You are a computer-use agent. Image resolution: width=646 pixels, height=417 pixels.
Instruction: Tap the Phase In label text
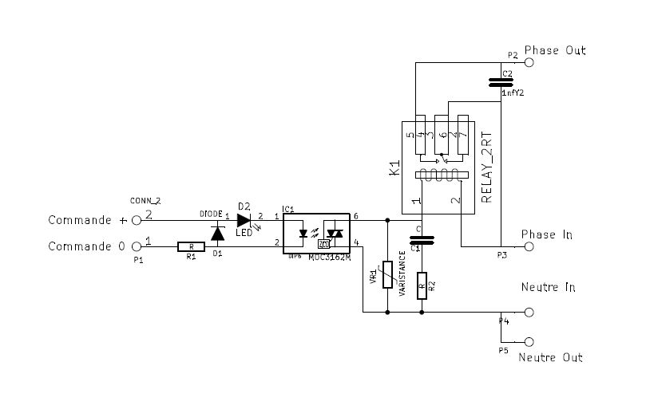coord(547,234)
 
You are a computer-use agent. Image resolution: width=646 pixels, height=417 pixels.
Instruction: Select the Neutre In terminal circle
coord(528,313)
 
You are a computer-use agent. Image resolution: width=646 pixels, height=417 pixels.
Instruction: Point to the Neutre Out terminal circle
coord(528,340)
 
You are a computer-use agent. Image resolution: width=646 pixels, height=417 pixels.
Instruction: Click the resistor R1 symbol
coord(190,247)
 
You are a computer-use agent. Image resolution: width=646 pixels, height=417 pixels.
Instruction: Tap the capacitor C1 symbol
coord(421,238)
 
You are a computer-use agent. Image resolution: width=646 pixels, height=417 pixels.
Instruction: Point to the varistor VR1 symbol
coord(387,275)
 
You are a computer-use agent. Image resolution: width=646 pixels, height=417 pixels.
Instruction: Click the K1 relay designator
coord(393,168)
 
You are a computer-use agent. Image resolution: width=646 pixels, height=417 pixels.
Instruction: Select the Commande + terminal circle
coord(137,219)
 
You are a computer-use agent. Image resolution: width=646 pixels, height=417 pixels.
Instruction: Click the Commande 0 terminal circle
coord(137,247)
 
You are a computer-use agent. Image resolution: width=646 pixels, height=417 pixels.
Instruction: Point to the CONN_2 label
coord(145,200)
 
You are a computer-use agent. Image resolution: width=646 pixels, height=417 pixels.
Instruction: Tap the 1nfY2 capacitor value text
coord(513,93)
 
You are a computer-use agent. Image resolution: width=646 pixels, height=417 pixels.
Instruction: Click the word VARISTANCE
coord(402,275)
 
